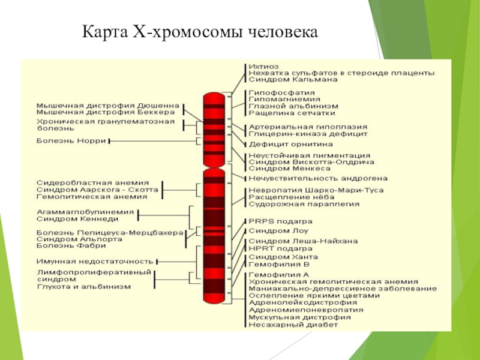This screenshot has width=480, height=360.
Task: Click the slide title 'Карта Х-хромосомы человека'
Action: [x=200, y=31]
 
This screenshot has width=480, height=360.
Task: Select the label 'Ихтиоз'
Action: [x=264, y=66]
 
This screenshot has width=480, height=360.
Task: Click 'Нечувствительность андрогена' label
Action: [x=318, y=178]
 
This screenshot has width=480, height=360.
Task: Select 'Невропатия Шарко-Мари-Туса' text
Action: [x=316, y=190]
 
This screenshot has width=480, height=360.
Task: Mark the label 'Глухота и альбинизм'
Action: [x=83, y=287]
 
